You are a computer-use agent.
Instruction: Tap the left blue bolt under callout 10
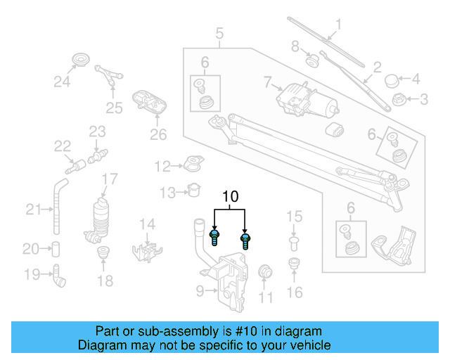(x=215, y=237)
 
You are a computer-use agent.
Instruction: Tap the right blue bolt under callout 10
(x=245, y=241)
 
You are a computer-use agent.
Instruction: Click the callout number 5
(x=219, y=33)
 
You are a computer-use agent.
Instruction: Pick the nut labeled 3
(x=397, y=99)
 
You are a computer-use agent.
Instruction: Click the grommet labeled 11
(x=266, y=272)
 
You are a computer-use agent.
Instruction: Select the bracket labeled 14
(x=150, y=250)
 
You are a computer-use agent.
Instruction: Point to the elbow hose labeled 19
(x=58, y=276)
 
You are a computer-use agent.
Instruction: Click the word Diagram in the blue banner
(x=101, y=345)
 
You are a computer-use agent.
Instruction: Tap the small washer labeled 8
(x=312, y=61)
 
